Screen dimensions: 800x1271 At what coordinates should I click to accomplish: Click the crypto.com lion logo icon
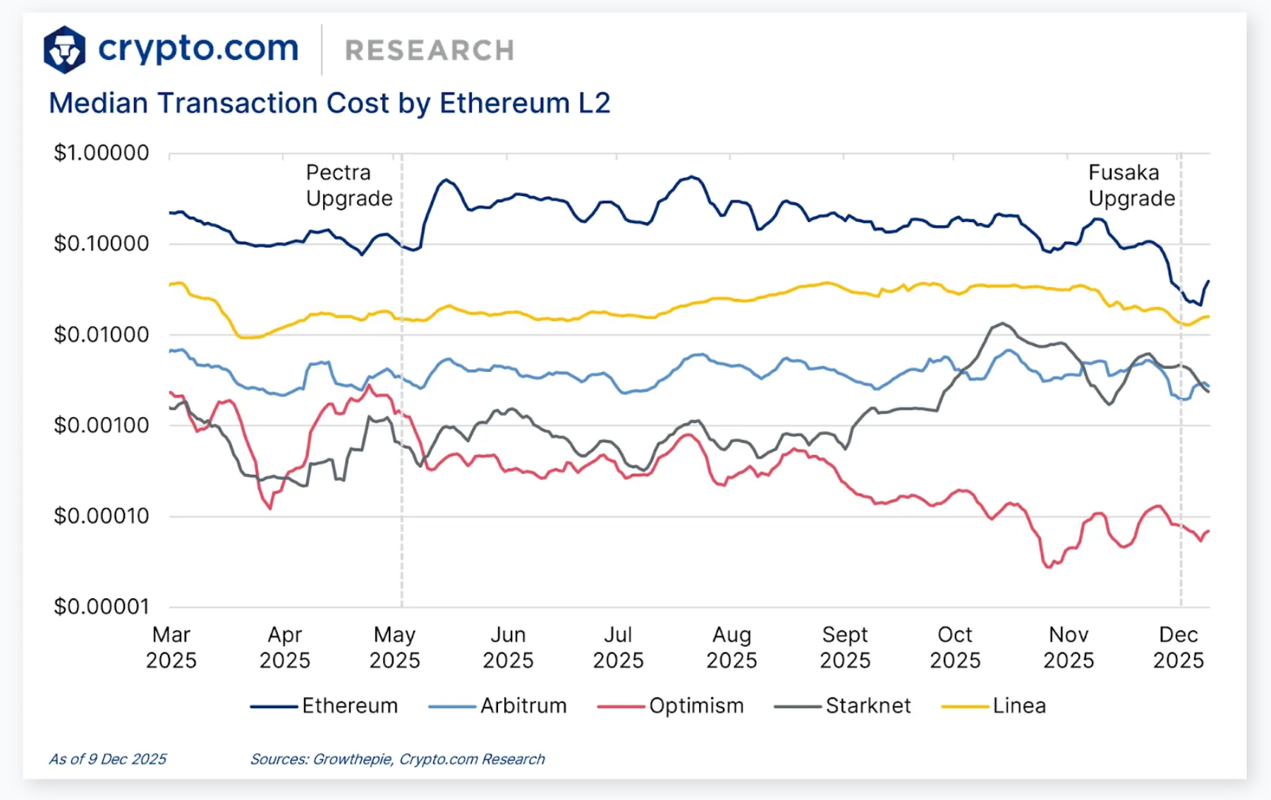click(64, 49)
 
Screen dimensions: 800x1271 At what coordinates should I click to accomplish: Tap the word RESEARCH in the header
click(429, 51)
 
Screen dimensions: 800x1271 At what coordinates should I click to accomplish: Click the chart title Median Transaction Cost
click(329, 103)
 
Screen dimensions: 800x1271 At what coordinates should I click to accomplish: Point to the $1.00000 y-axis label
click(102, 152)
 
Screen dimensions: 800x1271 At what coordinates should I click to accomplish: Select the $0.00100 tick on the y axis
click(102, 425)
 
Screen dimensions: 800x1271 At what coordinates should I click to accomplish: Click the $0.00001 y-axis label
click(102, 606)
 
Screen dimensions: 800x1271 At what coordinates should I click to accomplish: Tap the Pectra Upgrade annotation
click(348, 186)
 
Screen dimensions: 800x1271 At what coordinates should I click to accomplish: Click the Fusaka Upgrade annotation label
click(1131, 186)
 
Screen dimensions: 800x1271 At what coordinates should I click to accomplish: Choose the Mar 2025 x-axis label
click(171, 647)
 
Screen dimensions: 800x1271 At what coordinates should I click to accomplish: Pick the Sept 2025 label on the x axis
click(844, 647)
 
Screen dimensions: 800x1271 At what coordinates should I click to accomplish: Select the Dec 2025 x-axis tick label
click(1178, 647)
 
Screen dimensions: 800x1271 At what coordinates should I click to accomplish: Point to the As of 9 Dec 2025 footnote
click(107, 759)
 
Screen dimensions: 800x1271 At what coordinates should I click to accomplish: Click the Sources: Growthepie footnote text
click(397, 759)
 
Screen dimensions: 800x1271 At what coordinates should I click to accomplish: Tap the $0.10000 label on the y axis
click(102, 243)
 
